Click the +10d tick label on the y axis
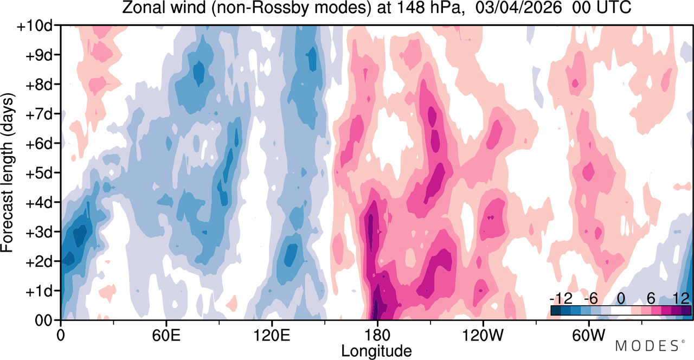tap(35, 27)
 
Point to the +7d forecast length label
tap(39, 115)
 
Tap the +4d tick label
tap(39, 203)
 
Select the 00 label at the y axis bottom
tap(44, 320)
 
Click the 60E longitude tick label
tap(166, 336)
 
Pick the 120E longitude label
tap(272, 336)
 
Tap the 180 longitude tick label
tap(377, 336)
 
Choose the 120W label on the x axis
tap(483, 336)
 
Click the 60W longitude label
tap(588, 336)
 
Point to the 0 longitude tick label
tap(61, 336)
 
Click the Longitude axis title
tap(376, 351)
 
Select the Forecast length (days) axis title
tap(8, 173)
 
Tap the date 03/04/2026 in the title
tap(518, 8)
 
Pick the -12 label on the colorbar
tap(561, 299)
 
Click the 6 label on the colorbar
tap(651, 299)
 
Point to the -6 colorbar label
tap(591, 299)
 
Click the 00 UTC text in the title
tap(602, 8)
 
